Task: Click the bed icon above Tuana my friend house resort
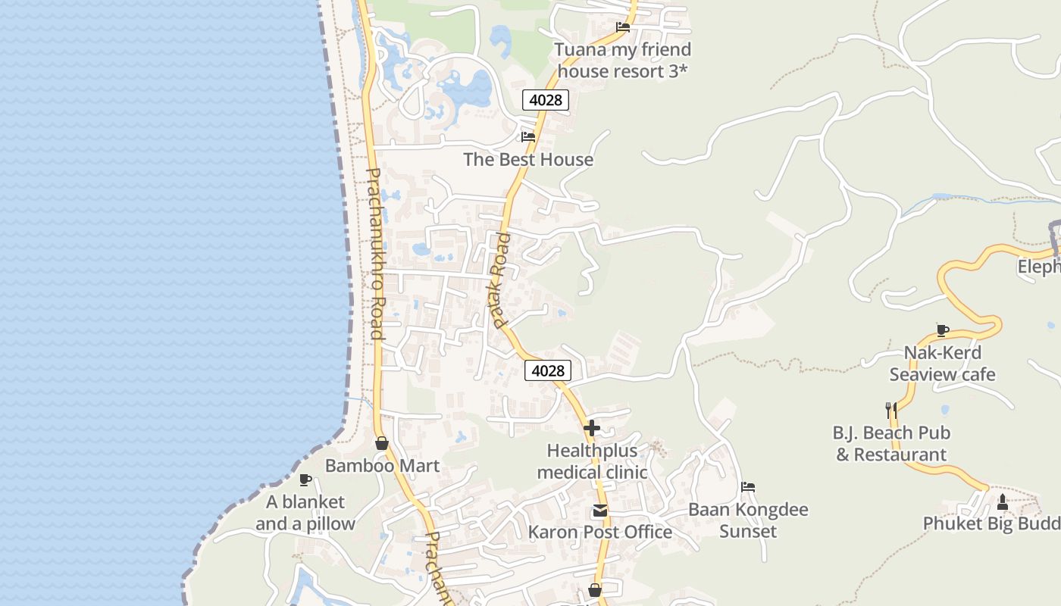pos(623,27)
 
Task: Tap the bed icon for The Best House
pos(528,137)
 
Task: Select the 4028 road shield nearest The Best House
pos(546,100)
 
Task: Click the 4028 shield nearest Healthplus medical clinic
pos(548,370)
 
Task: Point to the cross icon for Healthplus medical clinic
pos(592,428)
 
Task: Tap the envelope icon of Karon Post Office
pos(600,511)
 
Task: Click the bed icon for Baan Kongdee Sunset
pos(748,487)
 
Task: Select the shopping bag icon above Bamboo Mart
pos(382,443)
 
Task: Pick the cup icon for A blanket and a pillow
pos(305,479)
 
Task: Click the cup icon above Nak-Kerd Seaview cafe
pos(943,330)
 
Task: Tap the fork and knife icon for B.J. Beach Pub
pos(891,411)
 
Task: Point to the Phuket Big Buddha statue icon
pos(1002,501)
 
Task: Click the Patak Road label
pos(499,280)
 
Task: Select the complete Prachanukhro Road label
pos(375,254)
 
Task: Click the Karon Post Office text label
pos(600,532)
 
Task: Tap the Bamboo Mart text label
pos(382,465)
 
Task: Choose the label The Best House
pos(528,159)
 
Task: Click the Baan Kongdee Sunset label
pos(748,520)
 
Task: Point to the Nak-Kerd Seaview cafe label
pos(943,364)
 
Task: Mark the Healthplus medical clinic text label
pos(592,461)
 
